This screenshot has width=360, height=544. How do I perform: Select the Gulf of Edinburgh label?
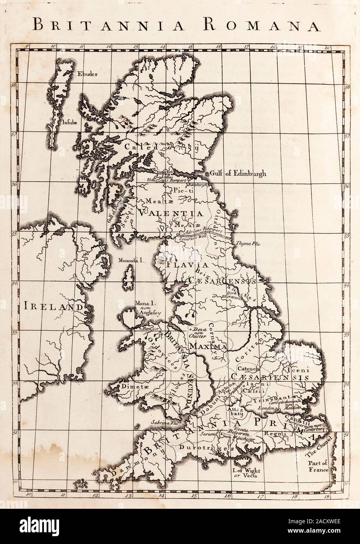[x=238, y=173]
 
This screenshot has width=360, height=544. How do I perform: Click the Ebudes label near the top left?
[x=87, y=73]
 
